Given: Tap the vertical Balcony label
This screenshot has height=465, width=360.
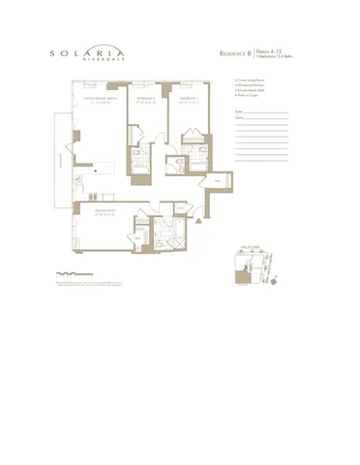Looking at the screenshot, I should click(60, 162).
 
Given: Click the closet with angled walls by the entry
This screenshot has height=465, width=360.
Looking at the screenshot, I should click(217, 181).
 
